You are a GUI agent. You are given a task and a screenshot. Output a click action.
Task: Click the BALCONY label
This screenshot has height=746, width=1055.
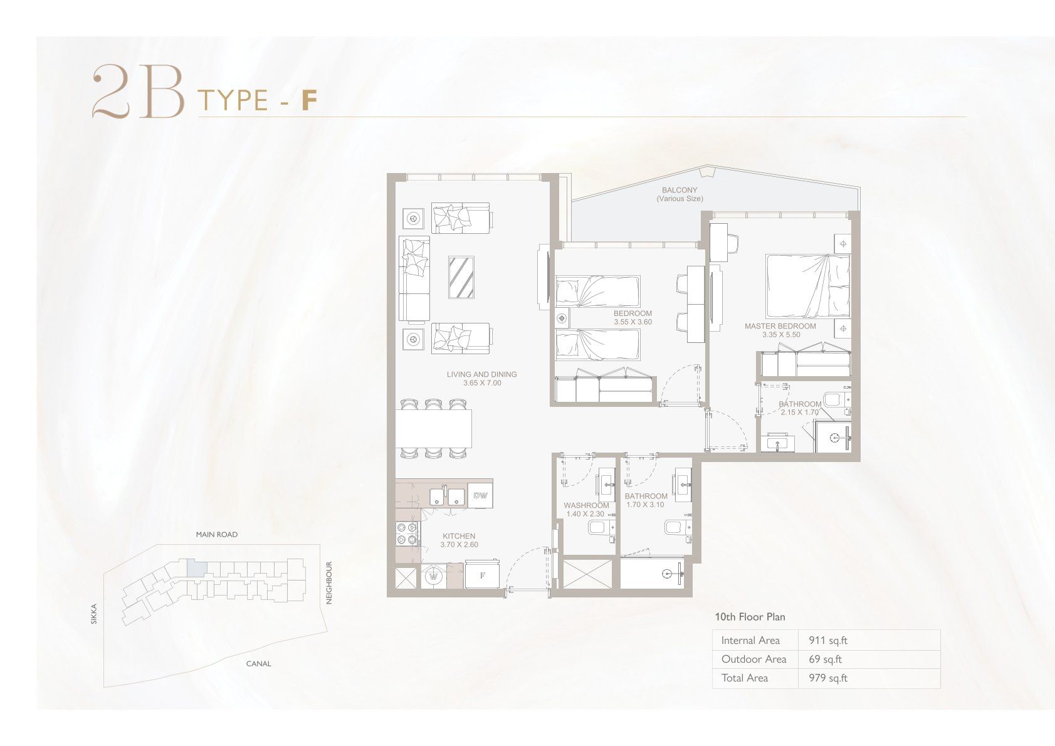click(x=679, y=191)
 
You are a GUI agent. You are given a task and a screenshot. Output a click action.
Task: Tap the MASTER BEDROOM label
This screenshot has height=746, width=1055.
click(x=780, y=326)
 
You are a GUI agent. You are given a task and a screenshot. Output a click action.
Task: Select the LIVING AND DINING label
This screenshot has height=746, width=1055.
click(x=482, y=374)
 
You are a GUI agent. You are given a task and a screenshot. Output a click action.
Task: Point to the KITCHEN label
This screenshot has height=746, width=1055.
click(x=459, y=536)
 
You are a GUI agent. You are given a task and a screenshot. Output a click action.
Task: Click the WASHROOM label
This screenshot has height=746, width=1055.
click(x=586, y=505)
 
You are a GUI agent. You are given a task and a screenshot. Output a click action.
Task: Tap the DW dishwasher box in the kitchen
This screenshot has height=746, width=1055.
click(x=480, y=495)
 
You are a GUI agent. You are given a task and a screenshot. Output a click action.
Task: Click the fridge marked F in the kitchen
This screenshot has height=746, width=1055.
click(x=482, y=575)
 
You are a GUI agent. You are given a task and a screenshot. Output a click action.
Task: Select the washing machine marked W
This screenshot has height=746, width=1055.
click(x=434, y=576)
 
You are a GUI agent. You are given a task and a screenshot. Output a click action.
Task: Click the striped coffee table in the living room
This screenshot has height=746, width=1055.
click(x=461, y=277)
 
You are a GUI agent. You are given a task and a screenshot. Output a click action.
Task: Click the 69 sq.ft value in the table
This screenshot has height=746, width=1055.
click(x=825, y=659)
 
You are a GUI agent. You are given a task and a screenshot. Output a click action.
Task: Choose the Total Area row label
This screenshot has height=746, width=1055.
click(x=745, y=678)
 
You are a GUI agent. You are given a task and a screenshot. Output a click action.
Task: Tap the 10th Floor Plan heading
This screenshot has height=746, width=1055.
click(x=750, y=617)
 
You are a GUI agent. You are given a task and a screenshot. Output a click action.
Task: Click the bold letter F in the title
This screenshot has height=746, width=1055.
click(x=310, y=100)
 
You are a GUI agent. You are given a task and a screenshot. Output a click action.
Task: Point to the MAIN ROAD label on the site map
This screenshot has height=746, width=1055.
click(x=217, y=535)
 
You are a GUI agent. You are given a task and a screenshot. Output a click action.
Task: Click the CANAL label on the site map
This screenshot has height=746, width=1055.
click(x=258, y=664)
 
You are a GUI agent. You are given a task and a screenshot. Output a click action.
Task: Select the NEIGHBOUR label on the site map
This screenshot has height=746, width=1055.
click(x=329, y=582)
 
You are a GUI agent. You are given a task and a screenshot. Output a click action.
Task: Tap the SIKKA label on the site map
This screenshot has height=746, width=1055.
click(x=94, y=614)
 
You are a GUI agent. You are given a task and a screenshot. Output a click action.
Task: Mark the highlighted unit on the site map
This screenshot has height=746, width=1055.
click(x=196, y=568)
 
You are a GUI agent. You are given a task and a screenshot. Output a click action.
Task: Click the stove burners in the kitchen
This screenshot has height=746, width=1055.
click(x=407, y=533)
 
